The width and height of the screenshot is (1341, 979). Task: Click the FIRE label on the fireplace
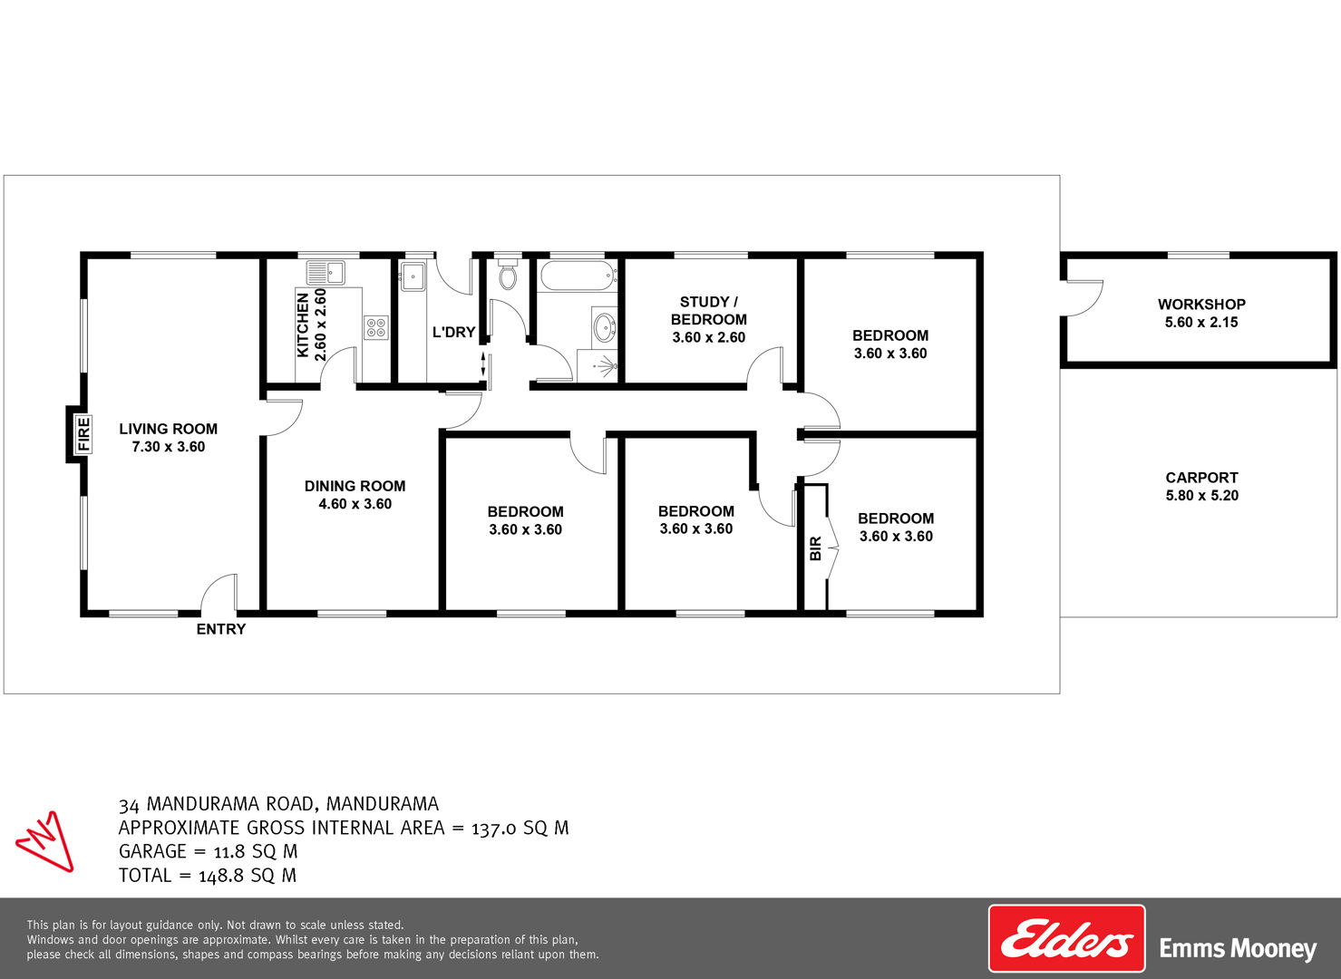click(x=83, y=434)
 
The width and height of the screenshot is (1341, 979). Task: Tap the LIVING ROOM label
click(x=169, y=429)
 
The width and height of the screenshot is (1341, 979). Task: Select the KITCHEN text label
click(x=303, y=325)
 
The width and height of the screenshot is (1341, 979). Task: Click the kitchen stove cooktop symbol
click(x=376, y=327)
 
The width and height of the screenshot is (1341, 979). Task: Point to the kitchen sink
click(x=326, y=273)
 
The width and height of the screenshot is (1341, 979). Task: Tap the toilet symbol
click(x=508, y=275)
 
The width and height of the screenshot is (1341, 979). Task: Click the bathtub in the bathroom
click(x=578, y=276)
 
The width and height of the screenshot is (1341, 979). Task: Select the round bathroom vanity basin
click(x=605, y=327)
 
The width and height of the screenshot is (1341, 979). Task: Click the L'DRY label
click(x=453, y=332)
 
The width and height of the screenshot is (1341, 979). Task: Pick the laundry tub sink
click(x=413, y=276)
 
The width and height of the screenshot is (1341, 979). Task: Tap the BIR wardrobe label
click(x=815, y=548)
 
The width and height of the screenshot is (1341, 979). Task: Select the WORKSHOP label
click(x=1201, y=304)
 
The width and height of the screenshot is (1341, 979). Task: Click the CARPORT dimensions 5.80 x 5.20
click(x=1202, y=496)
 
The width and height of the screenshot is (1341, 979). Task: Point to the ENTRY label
click(x=221, y=629)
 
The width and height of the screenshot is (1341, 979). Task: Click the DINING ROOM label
click(x=355, y=486)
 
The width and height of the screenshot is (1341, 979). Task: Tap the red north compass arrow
click(x=45, y=841)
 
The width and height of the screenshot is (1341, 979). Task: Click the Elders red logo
click(x=1067, y=939)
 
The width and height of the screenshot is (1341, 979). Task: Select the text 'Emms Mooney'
click(x=1238, y=949)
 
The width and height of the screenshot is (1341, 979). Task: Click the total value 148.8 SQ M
click(x=248, y=876)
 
